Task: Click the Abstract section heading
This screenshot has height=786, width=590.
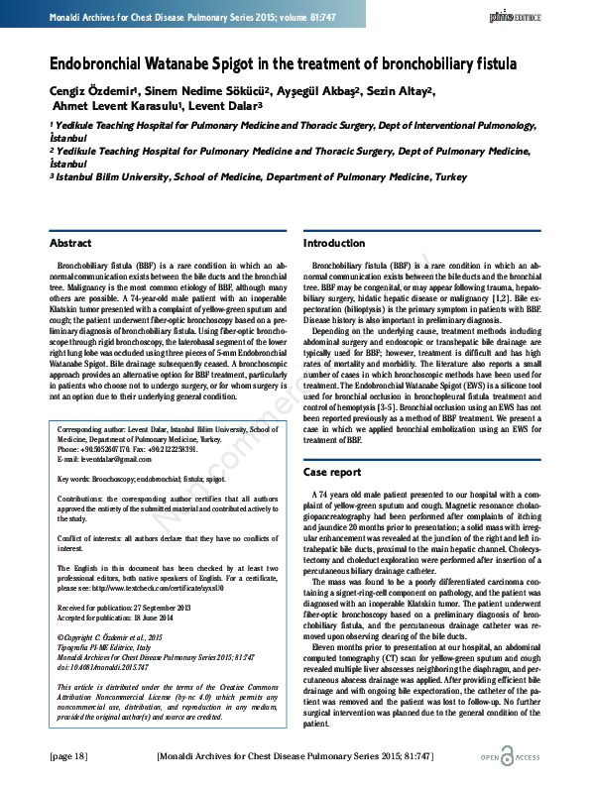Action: pos(70,243)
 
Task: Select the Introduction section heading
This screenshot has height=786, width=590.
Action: pos(333,243)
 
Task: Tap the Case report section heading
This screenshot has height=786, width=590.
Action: pos(332,472)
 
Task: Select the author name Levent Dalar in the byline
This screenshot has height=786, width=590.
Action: pos(225,108)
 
